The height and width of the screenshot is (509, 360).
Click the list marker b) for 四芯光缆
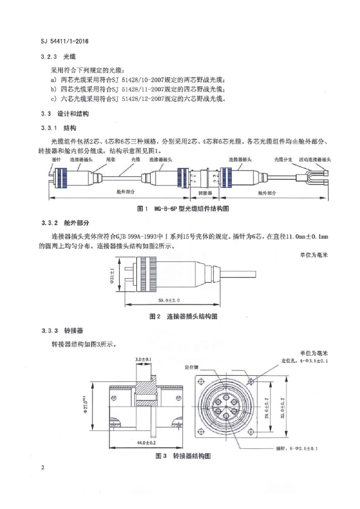(54, 89)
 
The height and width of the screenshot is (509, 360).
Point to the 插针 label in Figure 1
(57, 160)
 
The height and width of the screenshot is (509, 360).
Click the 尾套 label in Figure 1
(111, 160)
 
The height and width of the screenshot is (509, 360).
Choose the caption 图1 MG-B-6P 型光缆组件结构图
(182, 209)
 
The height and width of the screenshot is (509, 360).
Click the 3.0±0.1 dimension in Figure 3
(144, 358)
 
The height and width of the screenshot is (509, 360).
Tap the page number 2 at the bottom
(44, 468)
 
